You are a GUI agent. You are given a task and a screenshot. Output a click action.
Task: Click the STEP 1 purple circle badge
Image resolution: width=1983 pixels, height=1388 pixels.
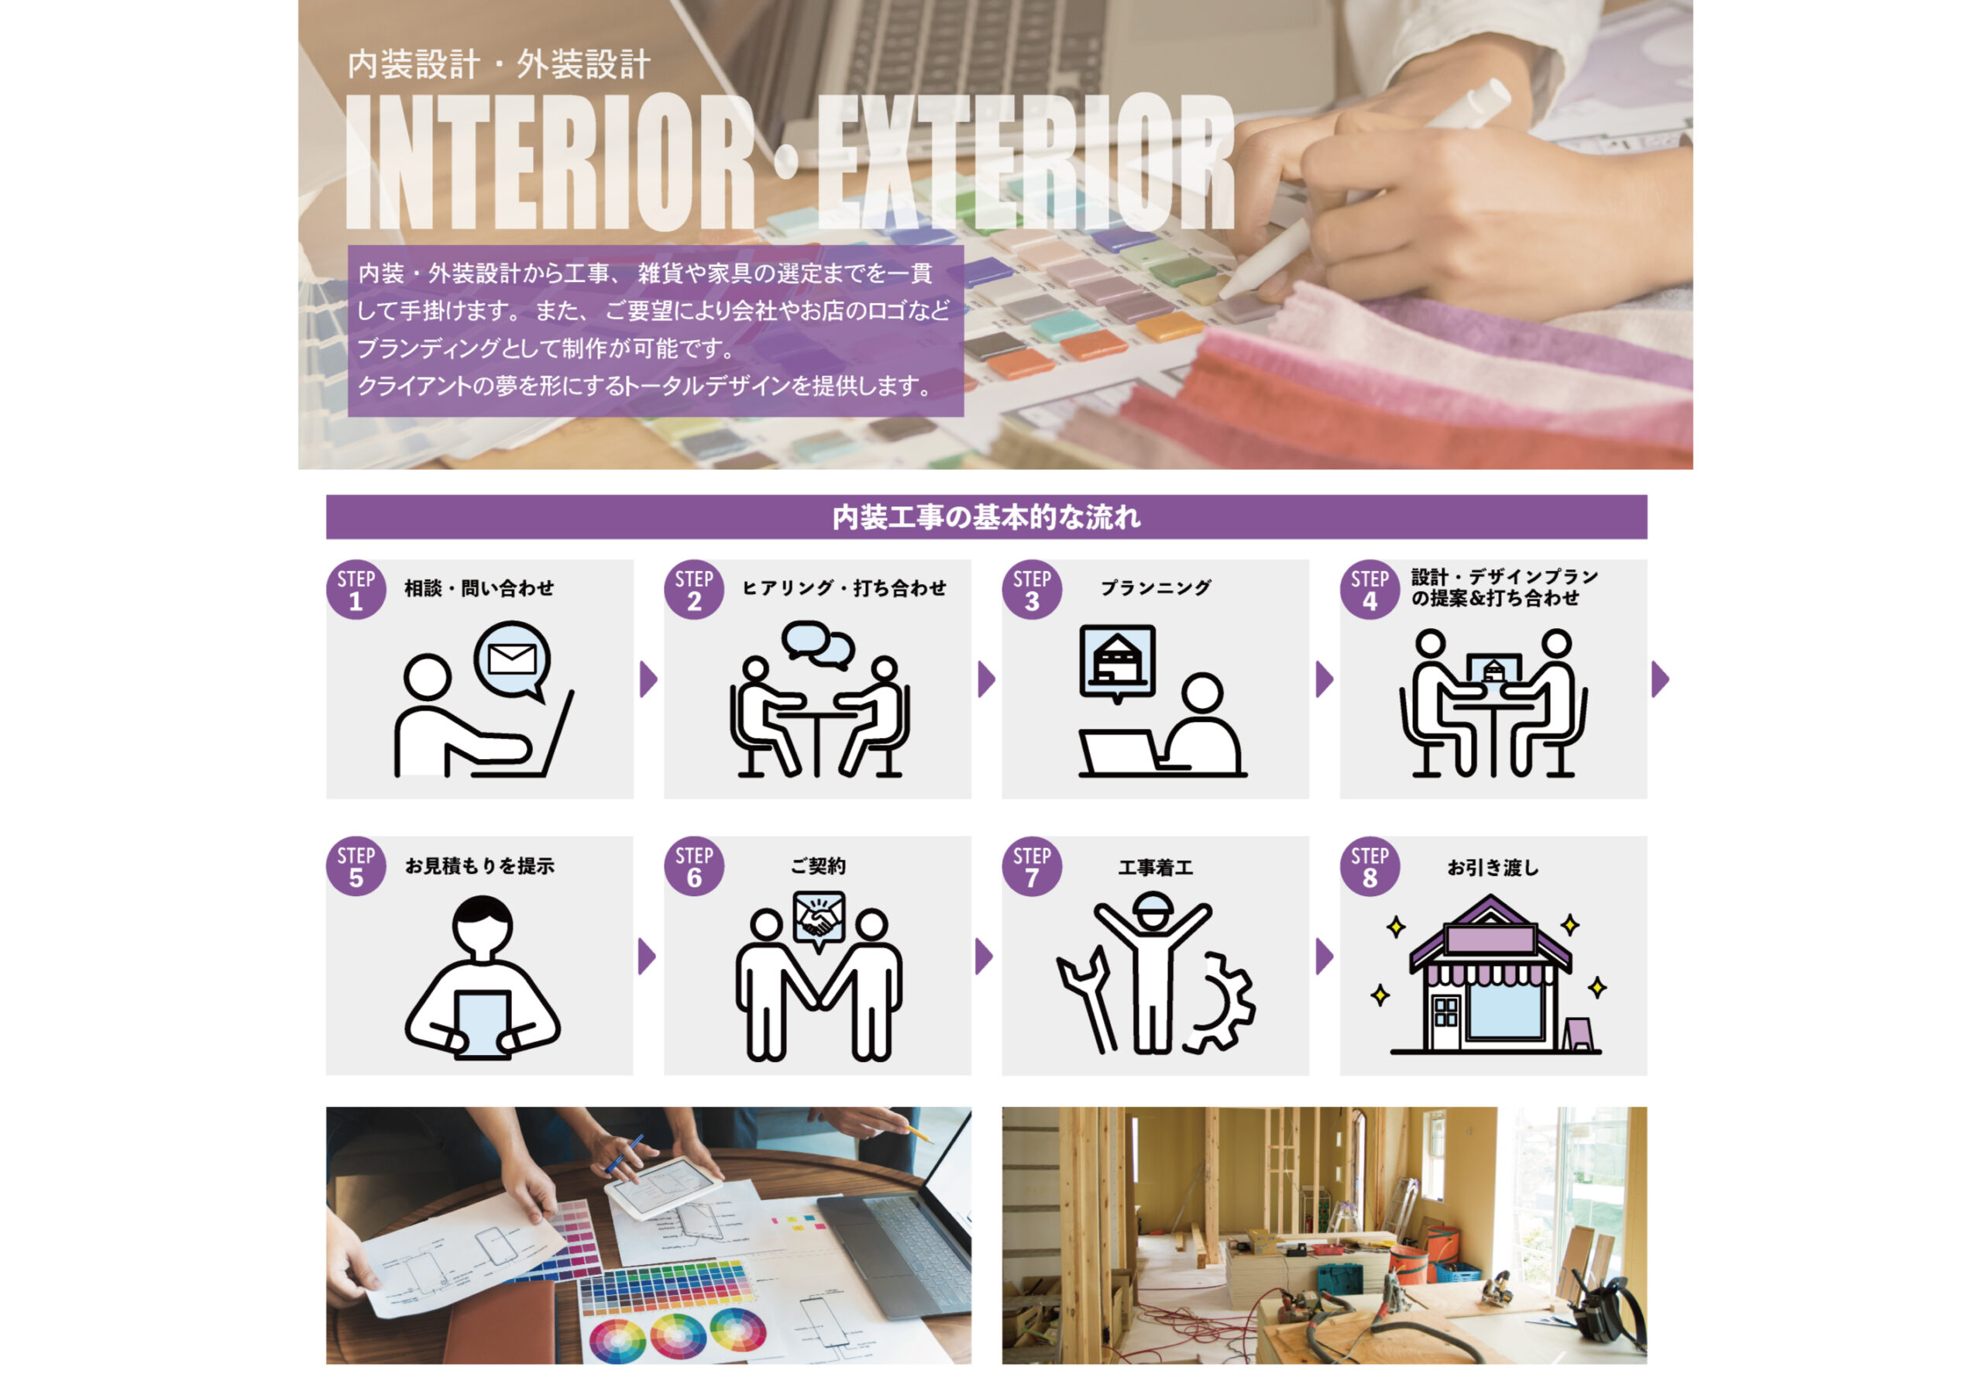pos(356,590)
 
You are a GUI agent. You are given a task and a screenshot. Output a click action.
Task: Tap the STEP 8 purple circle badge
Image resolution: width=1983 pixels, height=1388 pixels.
pos(1370,866)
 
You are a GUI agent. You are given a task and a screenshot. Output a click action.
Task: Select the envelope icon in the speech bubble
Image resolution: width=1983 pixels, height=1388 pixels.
pos(511,660)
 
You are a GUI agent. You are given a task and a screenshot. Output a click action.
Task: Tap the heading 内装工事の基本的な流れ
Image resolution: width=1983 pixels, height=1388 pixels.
pos(986,517)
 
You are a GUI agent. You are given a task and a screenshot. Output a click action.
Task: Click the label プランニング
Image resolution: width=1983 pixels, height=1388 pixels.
pos(1156,588)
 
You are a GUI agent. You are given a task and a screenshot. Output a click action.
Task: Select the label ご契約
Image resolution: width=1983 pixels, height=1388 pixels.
pos(818,865)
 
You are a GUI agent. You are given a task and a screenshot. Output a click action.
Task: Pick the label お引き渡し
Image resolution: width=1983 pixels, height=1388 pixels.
pos(1493,867)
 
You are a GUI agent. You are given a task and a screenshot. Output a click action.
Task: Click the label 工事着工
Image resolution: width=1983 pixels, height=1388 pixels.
pos(1156,867)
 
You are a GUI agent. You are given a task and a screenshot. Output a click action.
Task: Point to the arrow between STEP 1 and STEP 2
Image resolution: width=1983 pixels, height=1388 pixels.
pos(648,679)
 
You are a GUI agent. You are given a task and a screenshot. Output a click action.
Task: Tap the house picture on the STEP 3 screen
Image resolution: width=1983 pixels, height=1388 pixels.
pos(1117,660)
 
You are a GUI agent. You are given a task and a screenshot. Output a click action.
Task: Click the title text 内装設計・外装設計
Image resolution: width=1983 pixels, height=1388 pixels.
pos(498,65)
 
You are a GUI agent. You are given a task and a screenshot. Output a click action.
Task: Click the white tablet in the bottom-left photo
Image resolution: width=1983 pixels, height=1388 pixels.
pos(663,1187)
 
